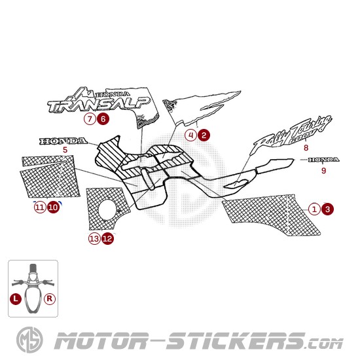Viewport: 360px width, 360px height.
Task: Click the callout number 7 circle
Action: (90, 119)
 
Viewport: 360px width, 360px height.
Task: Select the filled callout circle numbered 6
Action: (103, 119)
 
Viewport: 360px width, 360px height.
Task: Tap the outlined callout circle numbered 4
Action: (190, 135)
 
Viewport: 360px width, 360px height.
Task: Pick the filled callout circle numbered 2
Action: (204, 135)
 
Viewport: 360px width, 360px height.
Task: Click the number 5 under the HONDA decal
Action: (65, 150)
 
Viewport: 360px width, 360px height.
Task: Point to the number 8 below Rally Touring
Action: (306, 148)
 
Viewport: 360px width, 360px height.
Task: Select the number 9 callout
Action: (323, 171)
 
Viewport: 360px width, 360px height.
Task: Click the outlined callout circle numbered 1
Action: (314, 209)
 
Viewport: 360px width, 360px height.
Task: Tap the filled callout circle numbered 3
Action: (327, 209)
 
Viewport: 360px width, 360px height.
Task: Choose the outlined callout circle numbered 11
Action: (40, 207)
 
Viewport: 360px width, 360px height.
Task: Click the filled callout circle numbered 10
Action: (53, 207)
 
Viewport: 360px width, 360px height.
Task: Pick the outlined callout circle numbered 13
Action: (94, 239)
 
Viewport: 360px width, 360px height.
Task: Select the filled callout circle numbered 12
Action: (107, 239)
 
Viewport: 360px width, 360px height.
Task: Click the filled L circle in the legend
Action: (16, 299)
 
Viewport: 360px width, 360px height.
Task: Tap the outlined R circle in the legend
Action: (50, 299)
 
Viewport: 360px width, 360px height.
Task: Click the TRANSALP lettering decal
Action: (99, 105)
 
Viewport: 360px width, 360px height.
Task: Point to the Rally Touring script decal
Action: (293, 134)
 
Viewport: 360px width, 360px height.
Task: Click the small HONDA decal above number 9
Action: (323, 160)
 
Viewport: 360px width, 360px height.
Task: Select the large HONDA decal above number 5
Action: (63, 141)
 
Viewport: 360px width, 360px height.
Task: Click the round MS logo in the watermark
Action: (29, 340)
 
